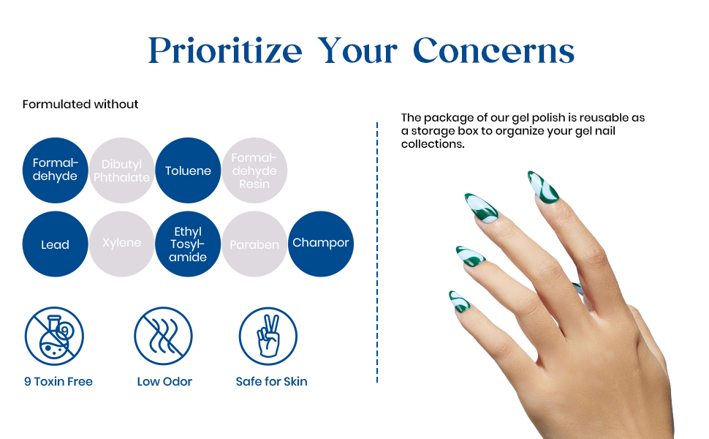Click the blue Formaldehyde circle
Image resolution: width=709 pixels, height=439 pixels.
55,170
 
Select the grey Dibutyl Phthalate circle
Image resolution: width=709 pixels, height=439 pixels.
121,170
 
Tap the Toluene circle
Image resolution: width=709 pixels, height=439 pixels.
188,170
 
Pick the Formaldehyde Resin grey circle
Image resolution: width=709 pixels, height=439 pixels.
254,170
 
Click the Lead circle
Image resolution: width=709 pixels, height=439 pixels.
55,244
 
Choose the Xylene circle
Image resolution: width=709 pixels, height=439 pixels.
121,244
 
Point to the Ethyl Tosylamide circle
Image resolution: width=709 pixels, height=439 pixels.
188,244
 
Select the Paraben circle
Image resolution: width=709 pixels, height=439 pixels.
254,244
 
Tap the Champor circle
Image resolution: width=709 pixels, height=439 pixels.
321,244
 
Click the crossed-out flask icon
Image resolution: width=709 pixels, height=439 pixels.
54,337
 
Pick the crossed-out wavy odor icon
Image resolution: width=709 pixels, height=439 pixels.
163,337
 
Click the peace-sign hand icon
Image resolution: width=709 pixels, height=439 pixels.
268,337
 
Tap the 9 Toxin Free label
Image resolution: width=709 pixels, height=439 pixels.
58,381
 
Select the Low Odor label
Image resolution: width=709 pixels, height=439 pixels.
164,381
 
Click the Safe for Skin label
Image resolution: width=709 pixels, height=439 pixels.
271,381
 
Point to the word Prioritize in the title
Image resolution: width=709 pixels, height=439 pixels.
225,50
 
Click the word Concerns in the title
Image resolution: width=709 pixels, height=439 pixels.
494,50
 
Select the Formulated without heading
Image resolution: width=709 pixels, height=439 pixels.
80,104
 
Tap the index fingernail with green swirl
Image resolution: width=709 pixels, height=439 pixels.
543,187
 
